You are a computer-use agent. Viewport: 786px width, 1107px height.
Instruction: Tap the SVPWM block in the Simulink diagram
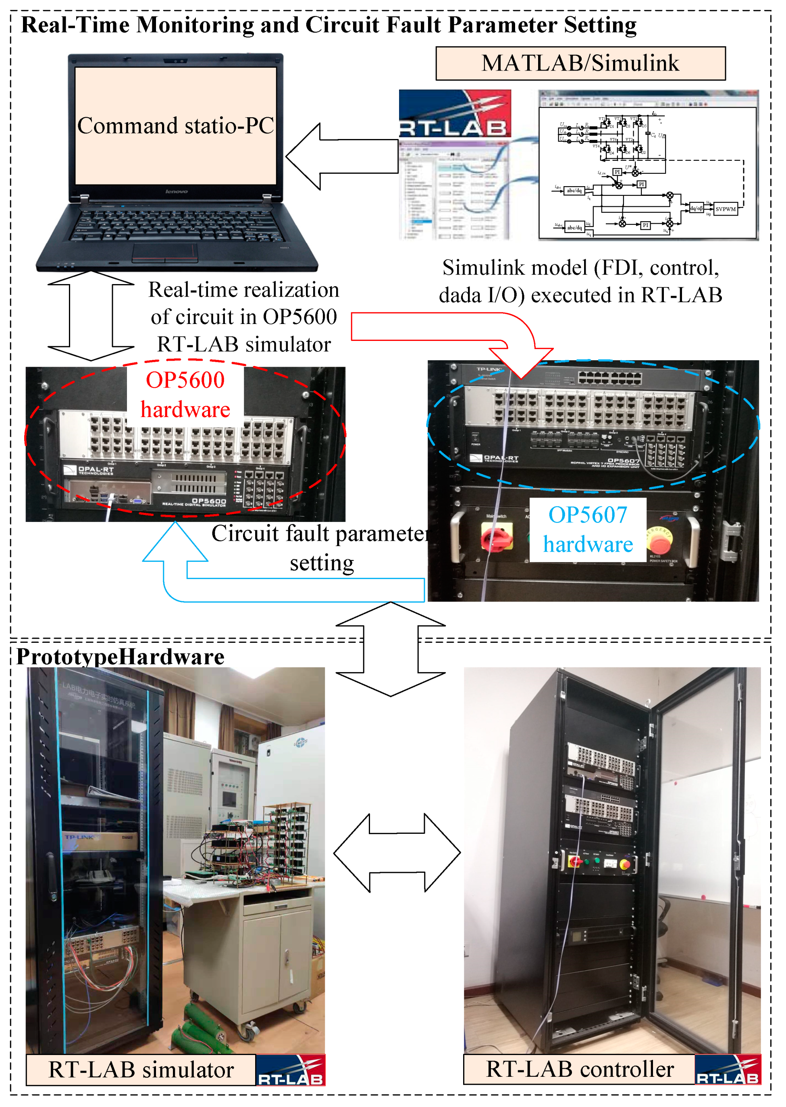point(725,209)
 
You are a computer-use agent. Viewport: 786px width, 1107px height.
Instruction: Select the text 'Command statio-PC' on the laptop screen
point(176,126)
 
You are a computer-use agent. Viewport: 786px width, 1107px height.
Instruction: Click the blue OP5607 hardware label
point(588,530)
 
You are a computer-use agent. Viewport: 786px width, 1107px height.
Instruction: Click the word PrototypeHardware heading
point(121,657)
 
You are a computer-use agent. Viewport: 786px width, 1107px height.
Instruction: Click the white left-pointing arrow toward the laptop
point(341,156)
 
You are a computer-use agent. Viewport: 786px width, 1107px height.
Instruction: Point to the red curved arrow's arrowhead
point(522,363)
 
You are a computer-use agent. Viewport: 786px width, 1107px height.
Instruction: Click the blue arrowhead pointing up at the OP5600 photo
point(175,542)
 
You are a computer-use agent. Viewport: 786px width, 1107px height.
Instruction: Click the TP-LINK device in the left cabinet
point(99,838)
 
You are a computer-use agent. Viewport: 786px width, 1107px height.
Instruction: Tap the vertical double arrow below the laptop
point(91,316)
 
